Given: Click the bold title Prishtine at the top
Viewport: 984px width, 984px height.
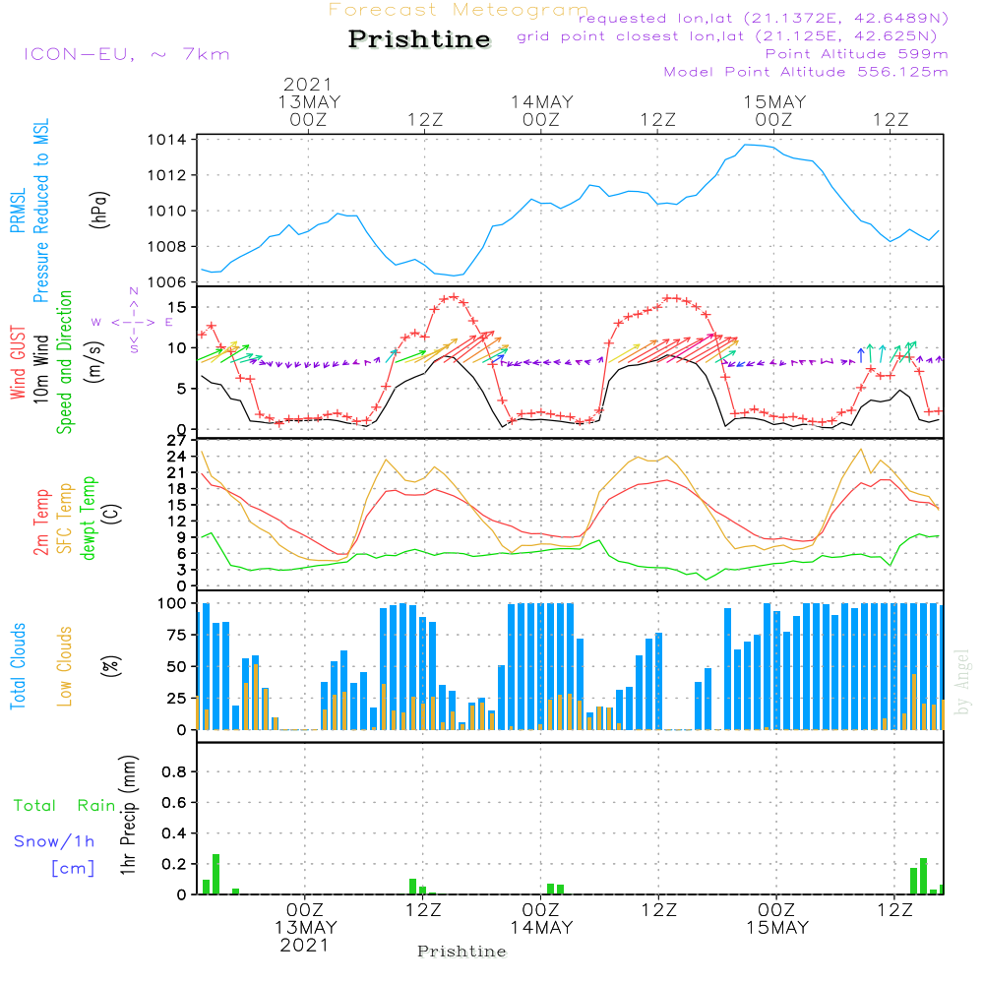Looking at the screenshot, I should tap(419, 39).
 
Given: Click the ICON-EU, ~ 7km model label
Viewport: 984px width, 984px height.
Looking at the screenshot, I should tap(126, 54).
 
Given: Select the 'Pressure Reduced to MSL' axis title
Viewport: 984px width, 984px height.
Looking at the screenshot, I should tap(41, 211).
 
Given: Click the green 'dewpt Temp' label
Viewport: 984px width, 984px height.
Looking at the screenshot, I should tap(89, 518).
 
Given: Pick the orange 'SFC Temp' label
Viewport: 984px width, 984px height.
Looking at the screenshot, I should tap(65, 518).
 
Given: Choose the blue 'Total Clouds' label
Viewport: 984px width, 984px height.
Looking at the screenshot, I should tap(18, 666).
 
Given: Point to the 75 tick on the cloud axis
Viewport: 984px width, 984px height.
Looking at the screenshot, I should tap(177, 635).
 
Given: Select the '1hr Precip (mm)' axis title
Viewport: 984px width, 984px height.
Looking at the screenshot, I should tap(127, 816).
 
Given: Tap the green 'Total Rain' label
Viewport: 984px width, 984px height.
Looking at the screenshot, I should tap(65, 806).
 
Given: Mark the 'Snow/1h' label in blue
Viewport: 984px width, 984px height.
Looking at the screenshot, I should tap(55, 841).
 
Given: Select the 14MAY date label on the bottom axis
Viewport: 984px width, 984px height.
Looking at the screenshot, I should tap(541, 928).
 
